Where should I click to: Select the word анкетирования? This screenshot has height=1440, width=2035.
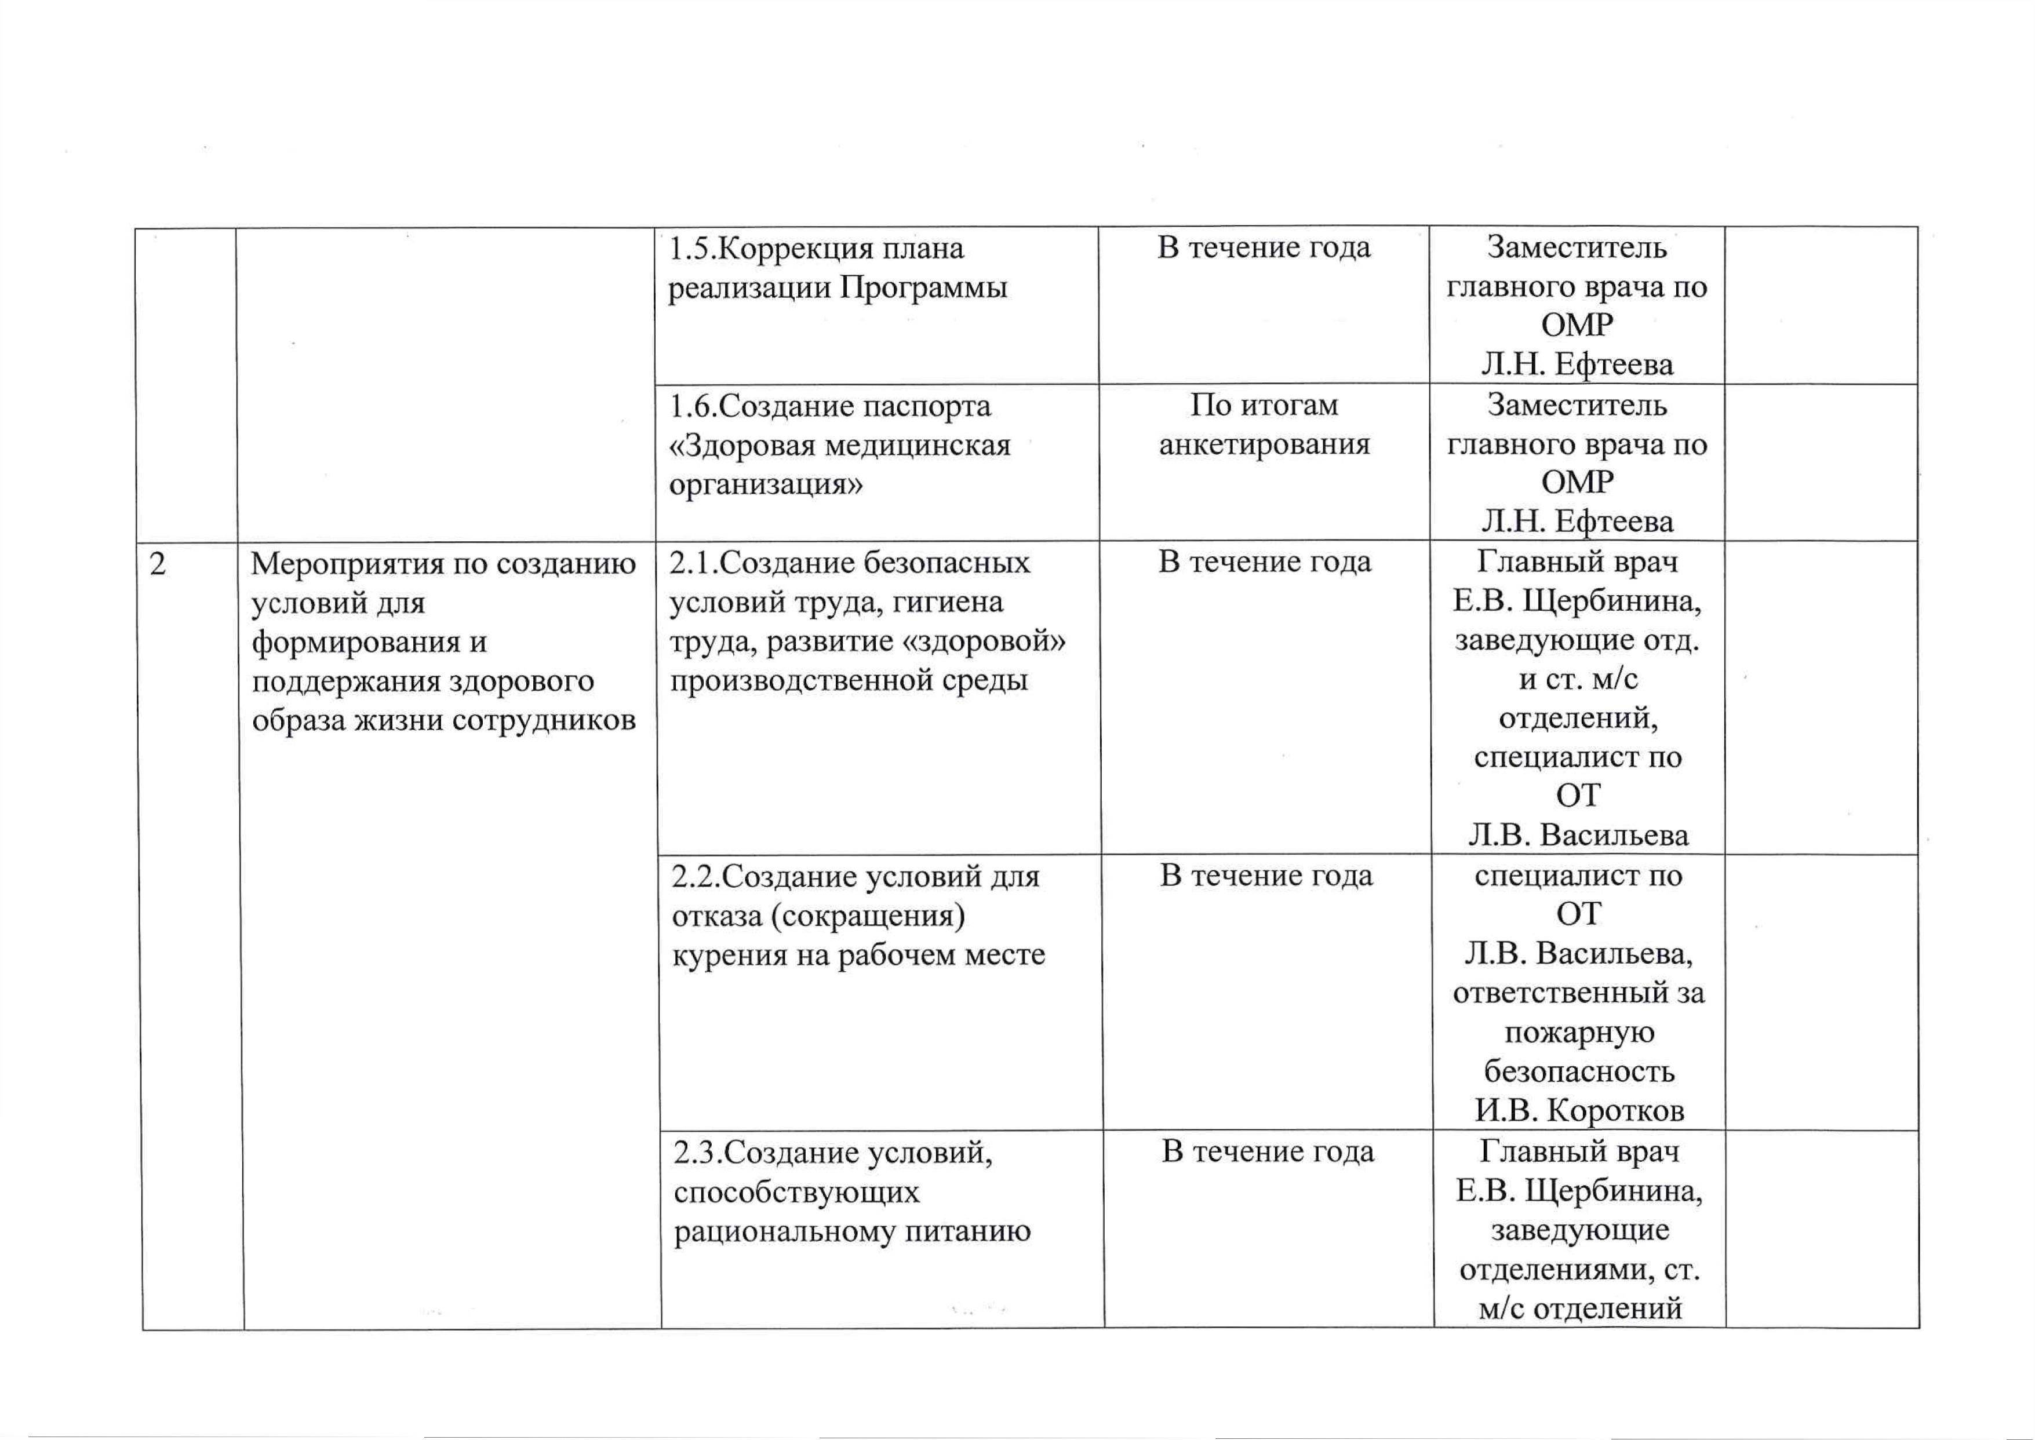(1265, 444)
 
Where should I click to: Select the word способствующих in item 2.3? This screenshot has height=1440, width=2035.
(796, 1193)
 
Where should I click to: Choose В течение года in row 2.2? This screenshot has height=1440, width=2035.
(1266, 876)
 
